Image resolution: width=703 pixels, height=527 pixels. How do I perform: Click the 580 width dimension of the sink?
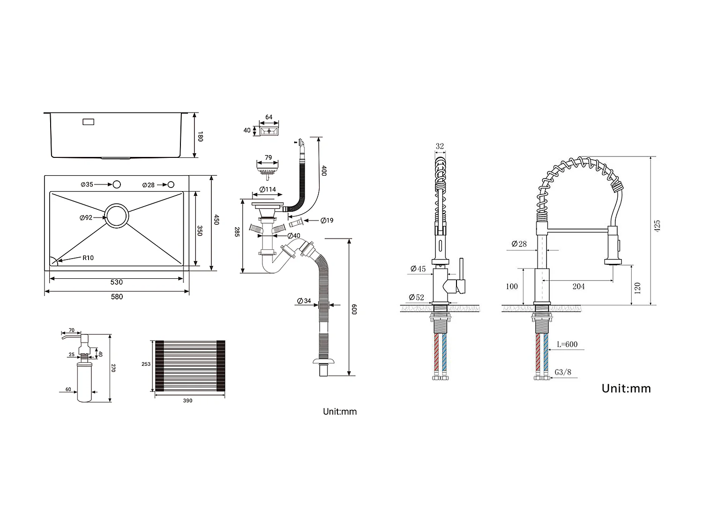pos(117,297)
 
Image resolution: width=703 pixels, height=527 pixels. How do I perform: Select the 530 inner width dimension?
pos(116,282)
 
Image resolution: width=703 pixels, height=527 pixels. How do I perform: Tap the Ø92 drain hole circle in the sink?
pos(116,216)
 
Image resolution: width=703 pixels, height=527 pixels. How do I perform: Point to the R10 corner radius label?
pos(88,258)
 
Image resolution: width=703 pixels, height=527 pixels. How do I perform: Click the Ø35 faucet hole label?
pos(87,185)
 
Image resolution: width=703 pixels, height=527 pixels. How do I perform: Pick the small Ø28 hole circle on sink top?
pos(171,185)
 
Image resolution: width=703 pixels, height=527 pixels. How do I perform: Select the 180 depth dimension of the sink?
pos(200,136)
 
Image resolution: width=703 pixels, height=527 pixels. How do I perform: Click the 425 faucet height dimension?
pos(657,226)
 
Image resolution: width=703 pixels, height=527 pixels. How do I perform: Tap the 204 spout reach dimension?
pos(578,287)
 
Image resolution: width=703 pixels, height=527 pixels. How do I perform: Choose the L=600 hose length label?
pos(567,344)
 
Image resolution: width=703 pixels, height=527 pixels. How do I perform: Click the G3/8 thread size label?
pos(563,372)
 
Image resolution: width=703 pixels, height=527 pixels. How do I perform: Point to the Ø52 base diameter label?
pos(416,297)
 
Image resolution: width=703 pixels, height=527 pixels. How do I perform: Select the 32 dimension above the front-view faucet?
pos(440,146)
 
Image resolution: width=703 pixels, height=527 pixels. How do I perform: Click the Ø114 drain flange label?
pos(268,189)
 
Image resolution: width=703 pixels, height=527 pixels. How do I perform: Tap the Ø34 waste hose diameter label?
pos(304,301)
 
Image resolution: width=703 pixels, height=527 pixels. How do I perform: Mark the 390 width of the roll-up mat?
pos(187,401)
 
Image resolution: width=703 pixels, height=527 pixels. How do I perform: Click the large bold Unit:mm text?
pos(626,388)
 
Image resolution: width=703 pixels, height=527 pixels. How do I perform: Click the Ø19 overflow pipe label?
pos(327,220)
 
